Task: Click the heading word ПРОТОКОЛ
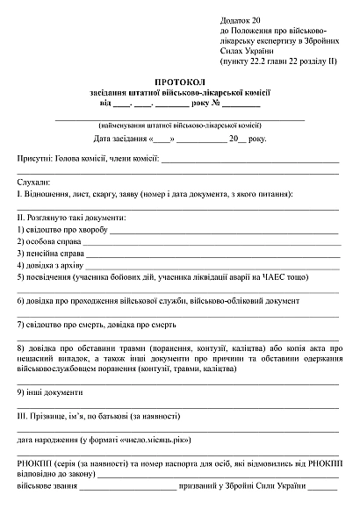click(x=179, y=81)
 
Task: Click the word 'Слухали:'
click(x=33, y=181)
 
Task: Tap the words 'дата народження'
click(x=45, y=439)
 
